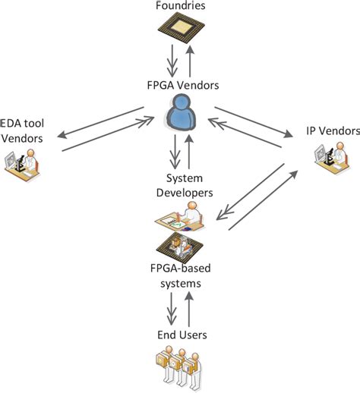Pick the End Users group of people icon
[x=180, y=368]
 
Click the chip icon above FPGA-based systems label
[x=180, y=247]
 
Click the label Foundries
[x=180, y=6]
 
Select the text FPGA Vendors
[x=180, y=86]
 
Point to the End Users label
[x=180, y=334]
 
